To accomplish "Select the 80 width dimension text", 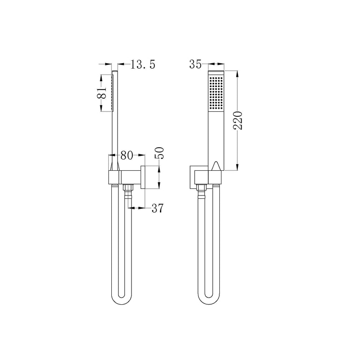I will coord(127,155).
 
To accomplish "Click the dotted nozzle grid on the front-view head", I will coord(217,93).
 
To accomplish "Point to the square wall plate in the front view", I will coord(194,177).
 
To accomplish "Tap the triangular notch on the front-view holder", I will coord(217,165).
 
